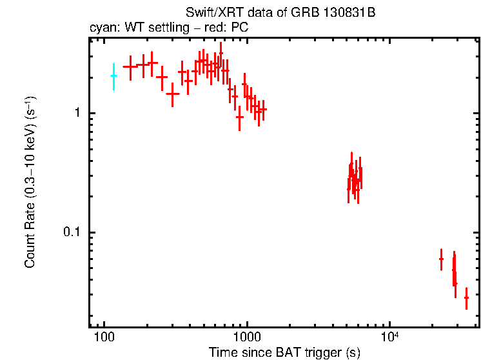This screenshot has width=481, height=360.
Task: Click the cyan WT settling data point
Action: pyautogui.click(x=113, y=76)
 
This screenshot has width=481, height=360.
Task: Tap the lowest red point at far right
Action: pyautogui.click(x=466, y=297)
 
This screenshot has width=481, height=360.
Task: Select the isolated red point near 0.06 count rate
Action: pyautogui.click(x=441, y=259)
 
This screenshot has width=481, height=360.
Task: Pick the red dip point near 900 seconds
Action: pyautogui.click(x=240, y=117)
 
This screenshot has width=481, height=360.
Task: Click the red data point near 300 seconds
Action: pyautogui.click(x=173, y=94)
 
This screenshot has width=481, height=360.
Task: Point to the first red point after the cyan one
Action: pyautogui.click(x=130, y=66)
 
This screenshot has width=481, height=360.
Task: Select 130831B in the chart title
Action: pyautogui.click(x=333, y=14)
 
